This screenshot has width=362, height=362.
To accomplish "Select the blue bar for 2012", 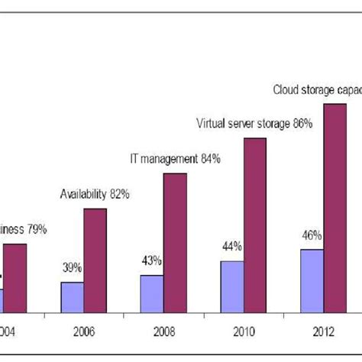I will pos(312,280).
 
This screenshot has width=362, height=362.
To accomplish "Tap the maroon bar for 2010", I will pos(254,225).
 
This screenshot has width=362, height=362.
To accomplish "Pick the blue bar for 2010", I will pos(231,286).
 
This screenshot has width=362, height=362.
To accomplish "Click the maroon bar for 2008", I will pos(175,243).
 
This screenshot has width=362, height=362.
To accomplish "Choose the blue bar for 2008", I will pos(152,293).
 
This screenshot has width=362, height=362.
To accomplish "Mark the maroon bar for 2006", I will pos(95,260).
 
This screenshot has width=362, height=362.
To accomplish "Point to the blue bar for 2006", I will pos(72,297).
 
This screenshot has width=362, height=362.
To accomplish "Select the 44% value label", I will pos(232,247).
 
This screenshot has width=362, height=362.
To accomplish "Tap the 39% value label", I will pos(73,269).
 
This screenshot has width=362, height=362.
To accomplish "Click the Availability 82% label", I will pos(95,194).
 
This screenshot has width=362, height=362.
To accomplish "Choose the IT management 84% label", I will pos(174,159).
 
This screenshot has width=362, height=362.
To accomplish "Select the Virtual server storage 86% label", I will pos(254,123).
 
